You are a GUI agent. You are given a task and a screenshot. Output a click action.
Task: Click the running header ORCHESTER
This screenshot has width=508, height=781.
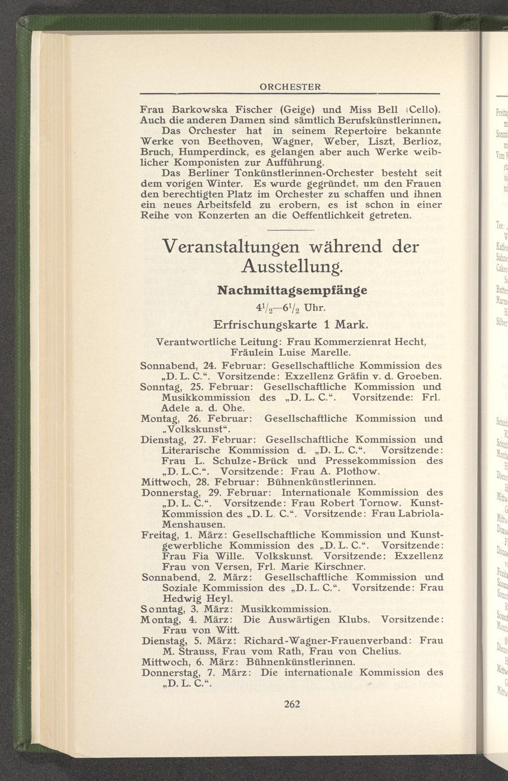pos(290,87)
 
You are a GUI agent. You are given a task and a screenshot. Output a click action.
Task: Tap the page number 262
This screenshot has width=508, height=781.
pos(291,704)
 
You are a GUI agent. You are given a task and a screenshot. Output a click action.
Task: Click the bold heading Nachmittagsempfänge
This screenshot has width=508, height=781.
pos(292,290)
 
